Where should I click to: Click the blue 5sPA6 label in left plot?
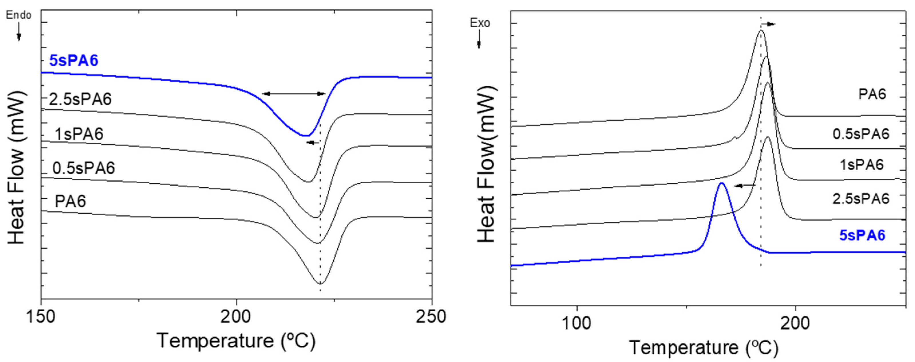point(74,61)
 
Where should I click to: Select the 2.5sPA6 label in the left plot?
point(80,99)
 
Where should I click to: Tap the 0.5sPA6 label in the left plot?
point(84,168)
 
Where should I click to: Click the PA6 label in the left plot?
point(70,202)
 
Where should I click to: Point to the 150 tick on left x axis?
point(41,317)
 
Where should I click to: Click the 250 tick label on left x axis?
point(431,317)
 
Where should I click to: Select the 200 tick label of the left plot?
point(236,317)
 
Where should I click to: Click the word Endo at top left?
point(19,15)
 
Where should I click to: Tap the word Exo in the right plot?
point(480,23)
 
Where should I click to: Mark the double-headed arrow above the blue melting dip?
point(294,94)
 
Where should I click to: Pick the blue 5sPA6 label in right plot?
point(862,235)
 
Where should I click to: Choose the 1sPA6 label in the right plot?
point(861,165)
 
